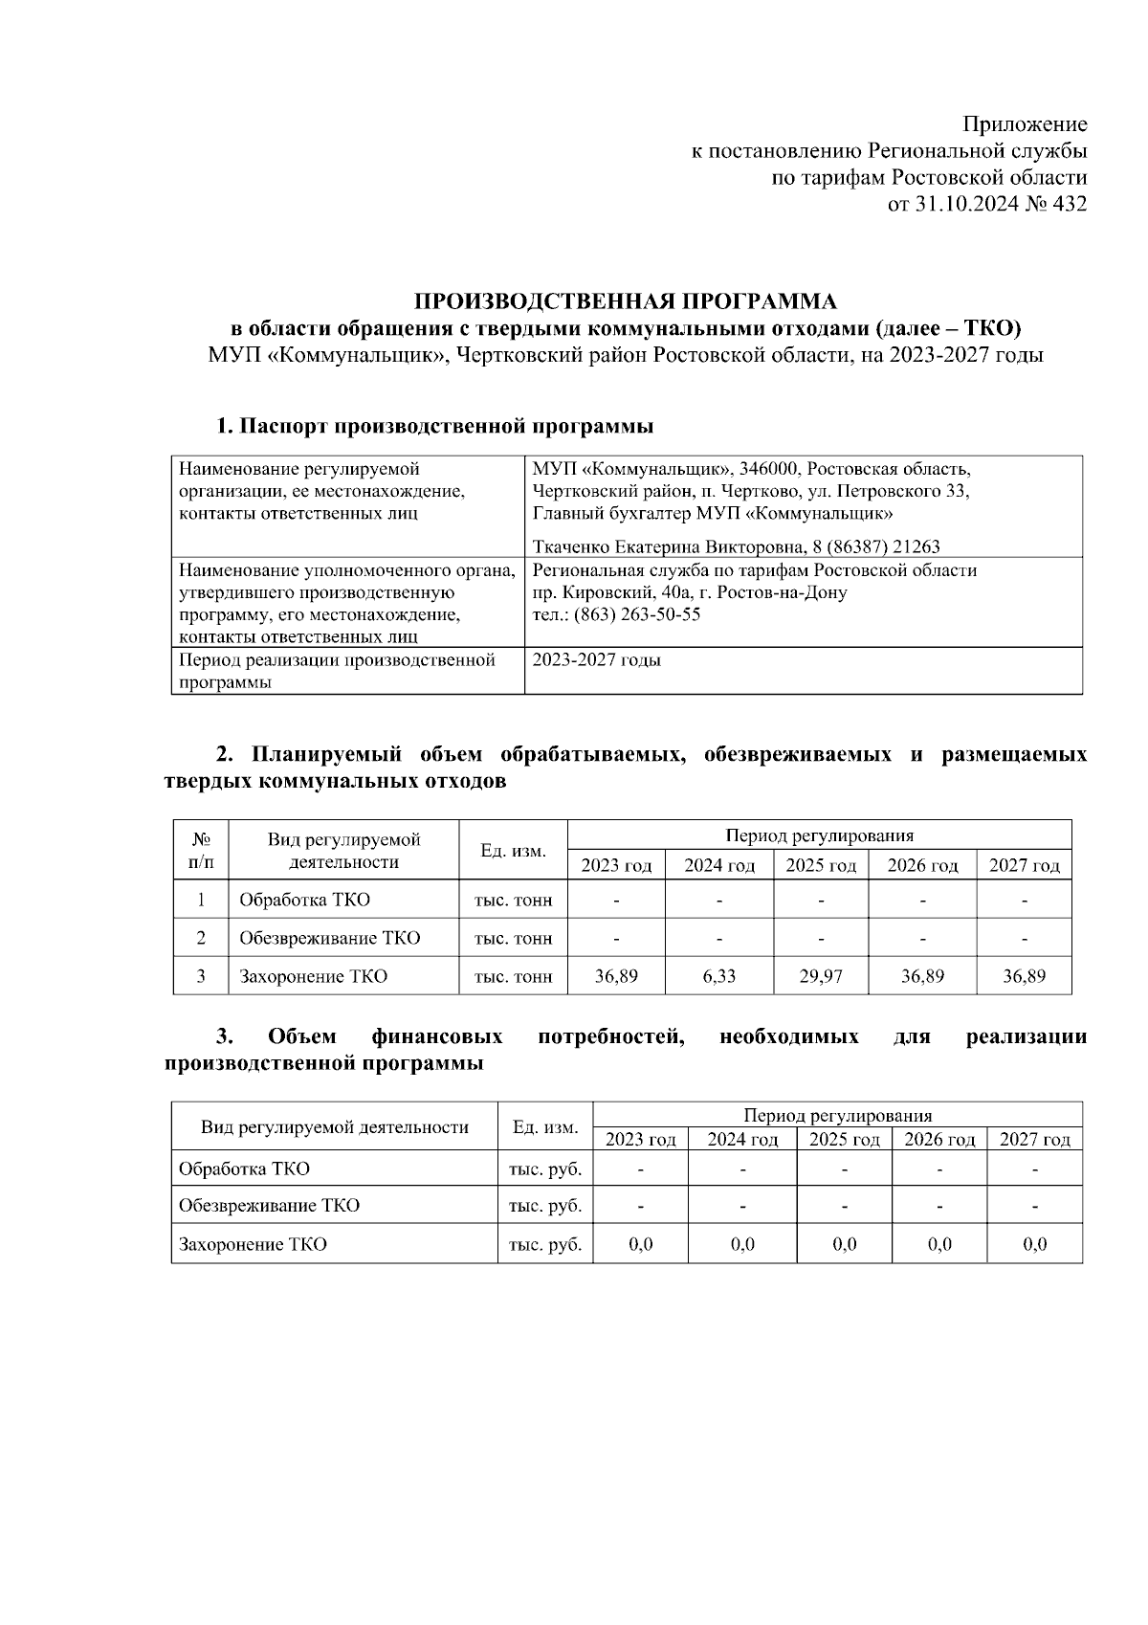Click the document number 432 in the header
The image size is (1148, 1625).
coord(1069,204)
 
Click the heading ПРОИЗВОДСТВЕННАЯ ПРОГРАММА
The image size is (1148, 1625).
coord(625,302)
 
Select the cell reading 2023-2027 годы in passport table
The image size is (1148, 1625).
coord(596,660)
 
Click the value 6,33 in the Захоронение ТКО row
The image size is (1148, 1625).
coord(718,976)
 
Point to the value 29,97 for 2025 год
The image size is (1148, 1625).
coord(820,976)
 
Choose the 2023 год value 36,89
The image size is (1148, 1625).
coord(616,976)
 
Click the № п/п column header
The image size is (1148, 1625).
coord(201,850)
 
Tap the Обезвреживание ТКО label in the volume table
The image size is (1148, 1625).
coord(329,938)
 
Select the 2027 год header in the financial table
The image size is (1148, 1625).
coord(1034,1139)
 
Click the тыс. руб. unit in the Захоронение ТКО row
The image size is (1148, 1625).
coord(545,1244)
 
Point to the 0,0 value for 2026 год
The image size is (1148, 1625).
coord(939,1244)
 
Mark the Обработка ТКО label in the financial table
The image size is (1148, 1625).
coord(244,1169)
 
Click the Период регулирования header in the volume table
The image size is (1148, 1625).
coord(819,835)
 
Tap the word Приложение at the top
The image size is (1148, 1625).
coord(1025,124)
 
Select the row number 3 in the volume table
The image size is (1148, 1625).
coord(201,976)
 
